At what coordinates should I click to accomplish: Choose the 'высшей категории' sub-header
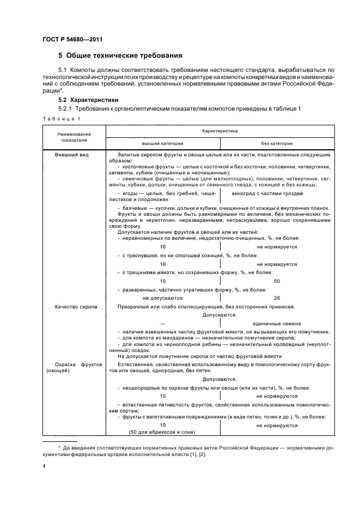pyautogui.click(x=162, y=143)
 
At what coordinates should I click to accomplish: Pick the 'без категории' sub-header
pyautogui.click(x=277, y=143)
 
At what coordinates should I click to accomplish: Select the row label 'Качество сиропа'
pyautogui.click(x=76, y=307)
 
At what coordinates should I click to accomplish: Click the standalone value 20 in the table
pyautogui.click(x=277, y=298)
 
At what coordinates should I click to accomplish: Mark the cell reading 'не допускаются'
pyautogui.click(x=162, y=298)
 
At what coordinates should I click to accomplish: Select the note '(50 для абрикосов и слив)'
pyautogui.click(x=162, y=432)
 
